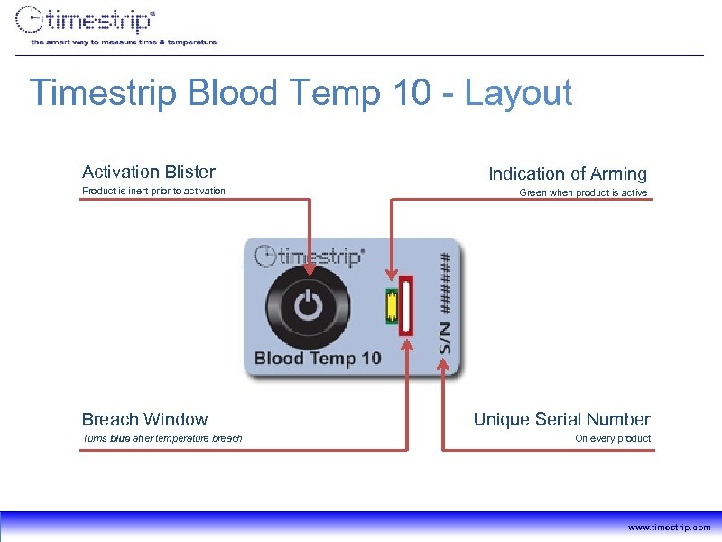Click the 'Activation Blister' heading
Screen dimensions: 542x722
tap(148, 172)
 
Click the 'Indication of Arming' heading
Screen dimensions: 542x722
tap(568, 173)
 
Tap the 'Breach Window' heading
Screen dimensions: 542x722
tap(144, 419)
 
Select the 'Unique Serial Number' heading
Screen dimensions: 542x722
tap(561, 419)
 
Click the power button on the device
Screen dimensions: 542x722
tap(309, 306)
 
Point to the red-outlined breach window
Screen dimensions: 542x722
tap(407, 305)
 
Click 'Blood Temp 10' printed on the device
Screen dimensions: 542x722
tap(318, 358)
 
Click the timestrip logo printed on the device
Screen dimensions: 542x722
tap(310, 257)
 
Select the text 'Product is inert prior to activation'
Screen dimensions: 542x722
tap(153, 191)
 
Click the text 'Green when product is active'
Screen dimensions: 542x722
tap(582, 193)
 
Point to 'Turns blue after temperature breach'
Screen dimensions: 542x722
tap(162, 438)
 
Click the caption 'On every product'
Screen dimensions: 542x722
tap(613, 438)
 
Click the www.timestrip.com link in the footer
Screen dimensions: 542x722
tap(669, 527)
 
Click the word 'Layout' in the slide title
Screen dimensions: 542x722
tap(518, 93)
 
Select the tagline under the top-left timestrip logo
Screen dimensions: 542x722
tap(124, 42)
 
